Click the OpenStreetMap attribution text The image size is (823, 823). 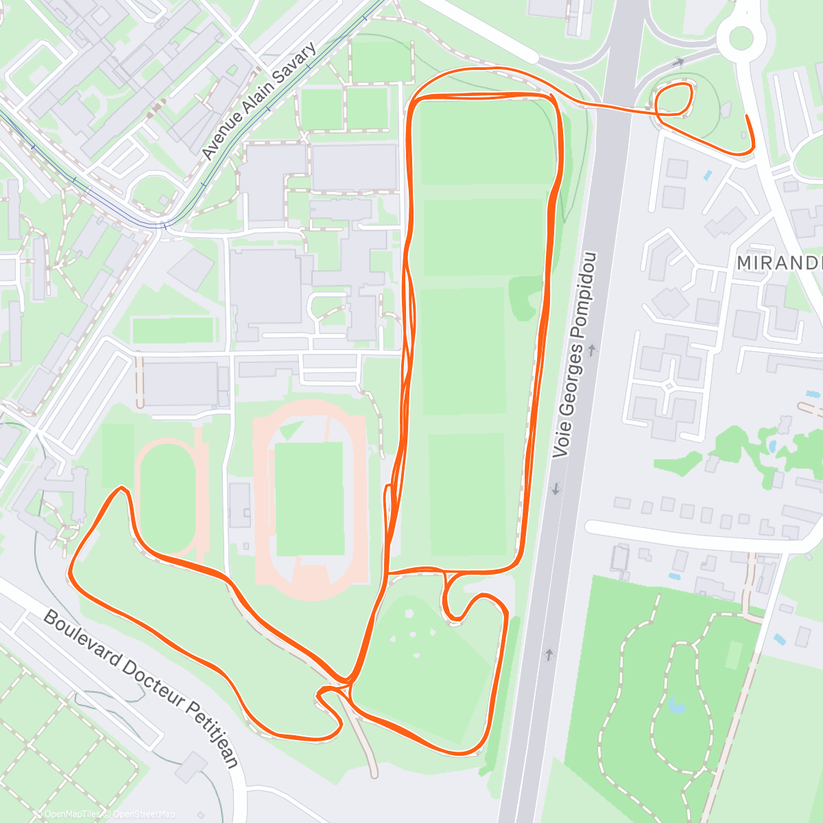[143, 814]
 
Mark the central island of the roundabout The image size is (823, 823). [741, 38]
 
